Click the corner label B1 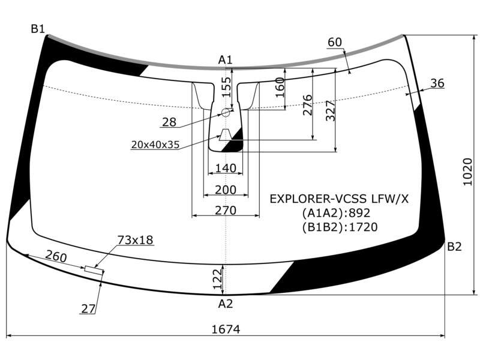38,29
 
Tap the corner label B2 454,247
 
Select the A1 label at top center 226,60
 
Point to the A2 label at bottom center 226,304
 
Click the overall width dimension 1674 226,329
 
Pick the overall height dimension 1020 467,172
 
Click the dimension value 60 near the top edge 335,42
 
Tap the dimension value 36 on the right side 437,83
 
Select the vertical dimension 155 227,87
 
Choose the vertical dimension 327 331,111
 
